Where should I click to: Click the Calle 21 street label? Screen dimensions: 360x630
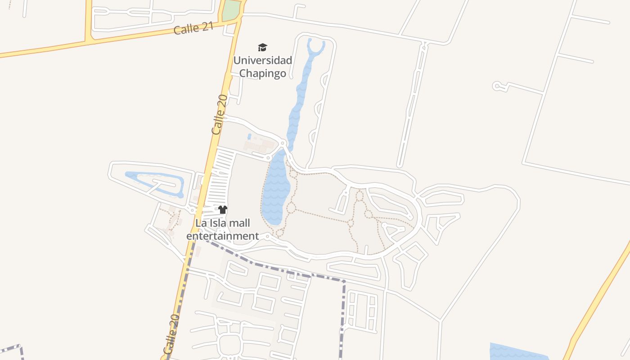pyautogui.click(x=193, y=28)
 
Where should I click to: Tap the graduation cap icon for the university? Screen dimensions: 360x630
pyautogui.click(x=262, y=47)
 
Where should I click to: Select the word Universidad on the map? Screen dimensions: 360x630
pyautogui.click(x=262, y=60)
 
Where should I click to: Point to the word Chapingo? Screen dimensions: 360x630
pyautogui.click(x=262, y=73)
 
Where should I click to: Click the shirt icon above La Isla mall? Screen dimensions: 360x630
pyautogui.click(x=222, y=209)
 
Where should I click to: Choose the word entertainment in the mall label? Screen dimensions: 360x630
pyautogui.click(x=223, y=236)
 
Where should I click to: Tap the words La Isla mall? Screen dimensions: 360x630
pyautogui.click(x=222, y=223)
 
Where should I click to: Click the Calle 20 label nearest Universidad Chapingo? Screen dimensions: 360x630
pyautogui.click(x=220, y=114)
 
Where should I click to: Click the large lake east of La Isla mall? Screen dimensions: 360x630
pyautogui.click(x=275, y=189)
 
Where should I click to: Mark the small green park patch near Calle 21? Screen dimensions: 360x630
pyautogui.click(x=230, y=10)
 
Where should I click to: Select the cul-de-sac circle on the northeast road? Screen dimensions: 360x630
pyautogui.click(x=497, y=85)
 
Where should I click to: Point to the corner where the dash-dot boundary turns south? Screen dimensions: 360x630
pyautogui.click(x=344, y=282)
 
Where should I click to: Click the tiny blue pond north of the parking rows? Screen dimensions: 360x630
pyautogui.click(x=249, y=136)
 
